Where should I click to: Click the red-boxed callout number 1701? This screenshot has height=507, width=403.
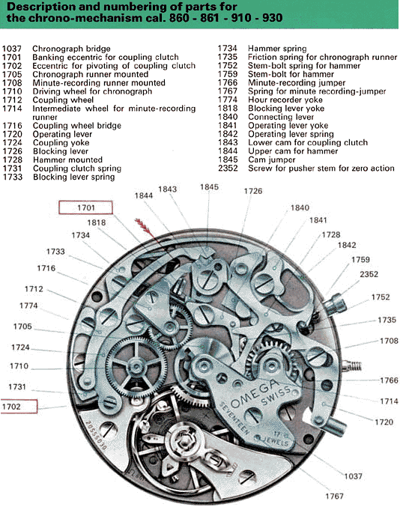tap(85, 207)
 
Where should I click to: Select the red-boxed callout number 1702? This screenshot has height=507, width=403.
tap(11, 407)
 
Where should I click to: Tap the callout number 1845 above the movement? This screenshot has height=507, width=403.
tap(209, 187)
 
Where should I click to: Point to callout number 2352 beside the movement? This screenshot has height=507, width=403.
tap(369, 274)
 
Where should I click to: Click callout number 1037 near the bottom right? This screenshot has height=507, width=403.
tap(353, 476)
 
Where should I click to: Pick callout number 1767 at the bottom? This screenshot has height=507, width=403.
tap(334, 496)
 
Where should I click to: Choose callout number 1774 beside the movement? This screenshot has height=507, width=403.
tap(28, 306)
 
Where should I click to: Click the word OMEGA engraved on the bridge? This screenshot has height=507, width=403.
tap(255, 394)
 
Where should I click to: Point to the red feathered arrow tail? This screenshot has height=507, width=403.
tap(142, 225)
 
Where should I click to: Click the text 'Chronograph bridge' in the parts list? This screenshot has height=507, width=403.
tap(71, 49)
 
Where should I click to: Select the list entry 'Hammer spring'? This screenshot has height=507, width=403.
tap(277, 49)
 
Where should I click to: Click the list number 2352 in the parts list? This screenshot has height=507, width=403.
tap(228, 169)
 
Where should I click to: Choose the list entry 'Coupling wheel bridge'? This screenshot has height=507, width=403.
tap(77, 126)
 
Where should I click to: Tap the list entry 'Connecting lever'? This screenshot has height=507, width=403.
tap(281, 117)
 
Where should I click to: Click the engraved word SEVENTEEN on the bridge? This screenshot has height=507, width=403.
tap(234, 418)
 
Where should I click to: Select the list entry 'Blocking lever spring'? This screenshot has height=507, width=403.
tap(73, 177)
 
